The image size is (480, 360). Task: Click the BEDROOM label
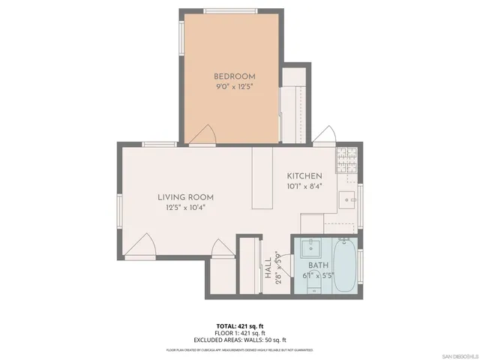[235, 76]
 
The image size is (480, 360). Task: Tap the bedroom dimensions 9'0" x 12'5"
[235, 86]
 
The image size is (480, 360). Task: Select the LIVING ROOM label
[181, 197]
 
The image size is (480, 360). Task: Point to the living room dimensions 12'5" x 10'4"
[181, 207]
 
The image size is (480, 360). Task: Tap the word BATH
[319, 265]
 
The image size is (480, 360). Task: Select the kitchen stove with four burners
[346, 157]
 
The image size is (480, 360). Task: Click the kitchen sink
[346, 199]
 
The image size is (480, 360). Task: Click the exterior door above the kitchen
[325, 135]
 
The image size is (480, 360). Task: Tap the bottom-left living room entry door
[140, 245]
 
